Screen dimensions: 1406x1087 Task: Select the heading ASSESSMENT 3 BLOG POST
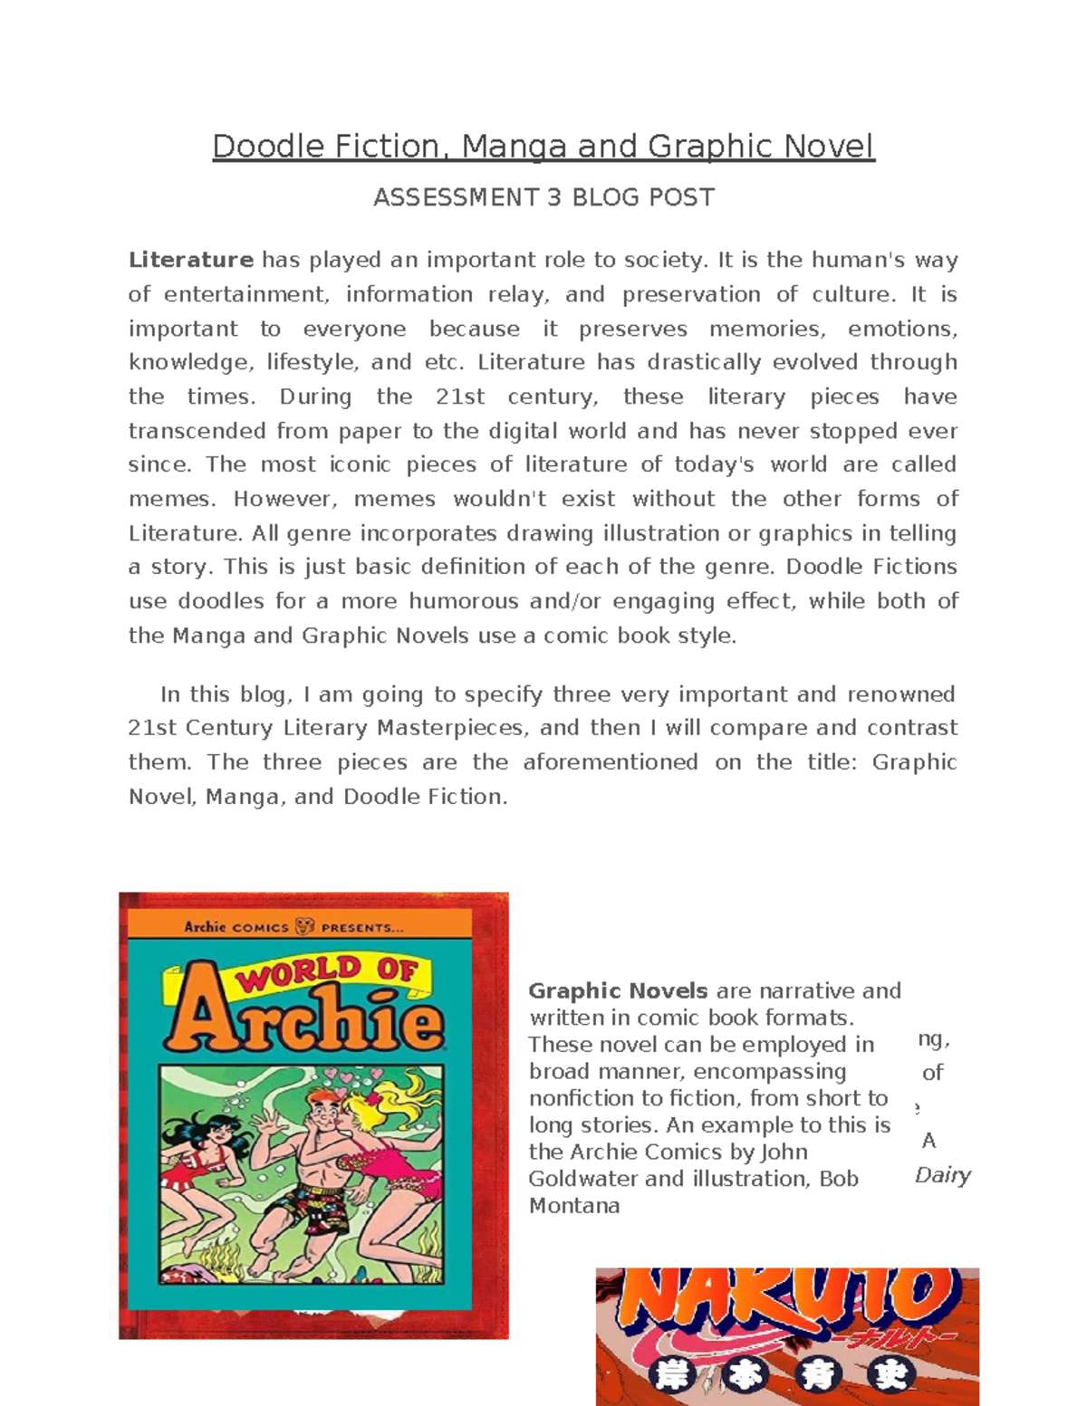543,198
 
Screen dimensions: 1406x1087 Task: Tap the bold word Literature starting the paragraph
190,261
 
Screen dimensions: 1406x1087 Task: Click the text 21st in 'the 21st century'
460,397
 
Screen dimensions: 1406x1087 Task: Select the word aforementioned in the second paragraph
610,762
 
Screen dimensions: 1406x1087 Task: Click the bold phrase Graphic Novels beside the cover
618,991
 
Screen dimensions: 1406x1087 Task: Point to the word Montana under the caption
574,1206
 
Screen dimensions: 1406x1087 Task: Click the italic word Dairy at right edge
942,1175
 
